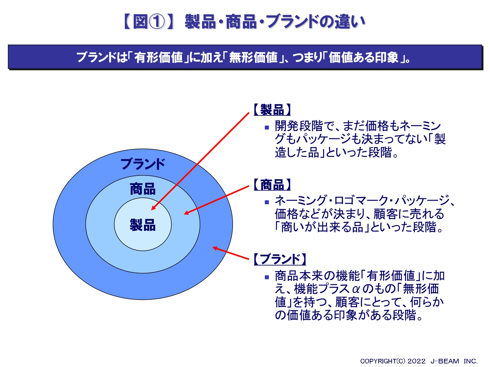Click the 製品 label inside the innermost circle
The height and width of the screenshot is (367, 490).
pyautogui.click(x=143, y=225)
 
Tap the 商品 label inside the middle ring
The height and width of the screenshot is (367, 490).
pyautogui.click(x=143, y=189)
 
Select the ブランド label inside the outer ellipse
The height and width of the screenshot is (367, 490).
pyautogui.click(x=143, y=164)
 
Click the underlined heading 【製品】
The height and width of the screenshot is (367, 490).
pyautogui.click(x=272, y=110)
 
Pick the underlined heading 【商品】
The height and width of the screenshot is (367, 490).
pyautogui.click(x=272, y=185)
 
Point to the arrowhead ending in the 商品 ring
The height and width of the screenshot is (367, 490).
pyautogui.click(x=187, y=213)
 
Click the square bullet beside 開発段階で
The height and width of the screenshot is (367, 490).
pyautogui.click(x=267, y=128)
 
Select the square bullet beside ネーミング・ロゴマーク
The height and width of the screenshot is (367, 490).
pyautogui.click(x=267, y=202)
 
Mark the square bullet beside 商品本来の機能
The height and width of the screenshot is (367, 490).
pyautogui.click(x=267, y=277)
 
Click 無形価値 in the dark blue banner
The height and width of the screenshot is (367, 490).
pyautogui.click(x=253, y=57)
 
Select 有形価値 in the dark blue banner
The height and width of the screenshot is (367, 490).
pyautogui.click(x=158, y=57)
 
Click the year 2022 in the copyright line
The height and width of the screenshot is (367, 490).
pyautogui.click(x=416, y=361)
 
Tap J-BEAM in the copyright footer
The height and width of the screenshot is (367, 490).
pyautogui.click(x=445, y=361)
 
